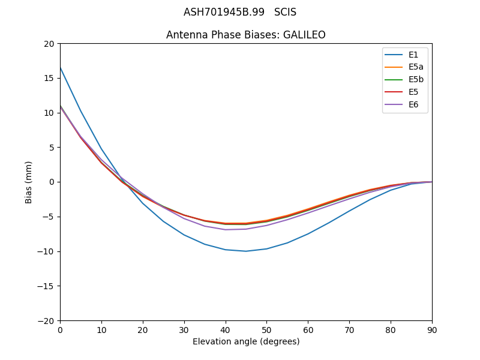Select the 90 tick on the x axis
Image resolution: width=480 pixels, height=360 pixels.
[x=432, y=330]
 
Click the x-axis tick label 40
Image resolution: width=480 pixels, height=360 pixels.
[x=226, y=330]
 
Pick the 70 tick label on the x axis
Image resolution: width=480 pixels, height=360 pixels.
[x=349, y=330]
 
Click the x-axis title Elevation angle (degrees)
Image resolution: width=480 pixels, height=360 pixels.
[x=246, y=341]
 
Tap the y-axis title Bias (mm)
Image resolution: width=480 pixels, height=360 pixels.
[x=29, y=182]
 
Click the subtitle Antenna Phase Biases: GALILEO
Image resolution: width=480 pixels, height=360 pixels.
[x=246, y=35]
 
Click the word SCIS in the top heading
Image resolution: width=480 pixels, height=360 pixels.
[x=285, y=12]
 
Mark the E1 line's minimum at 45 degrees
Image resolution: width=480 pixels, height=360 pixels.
[x=246, y=251]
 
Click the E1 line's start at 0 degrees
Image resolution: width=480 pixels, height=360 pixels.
[x=61, y=68]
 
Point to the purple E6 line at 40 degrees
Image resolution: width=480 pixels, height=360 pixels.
[x=226, y=229]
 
